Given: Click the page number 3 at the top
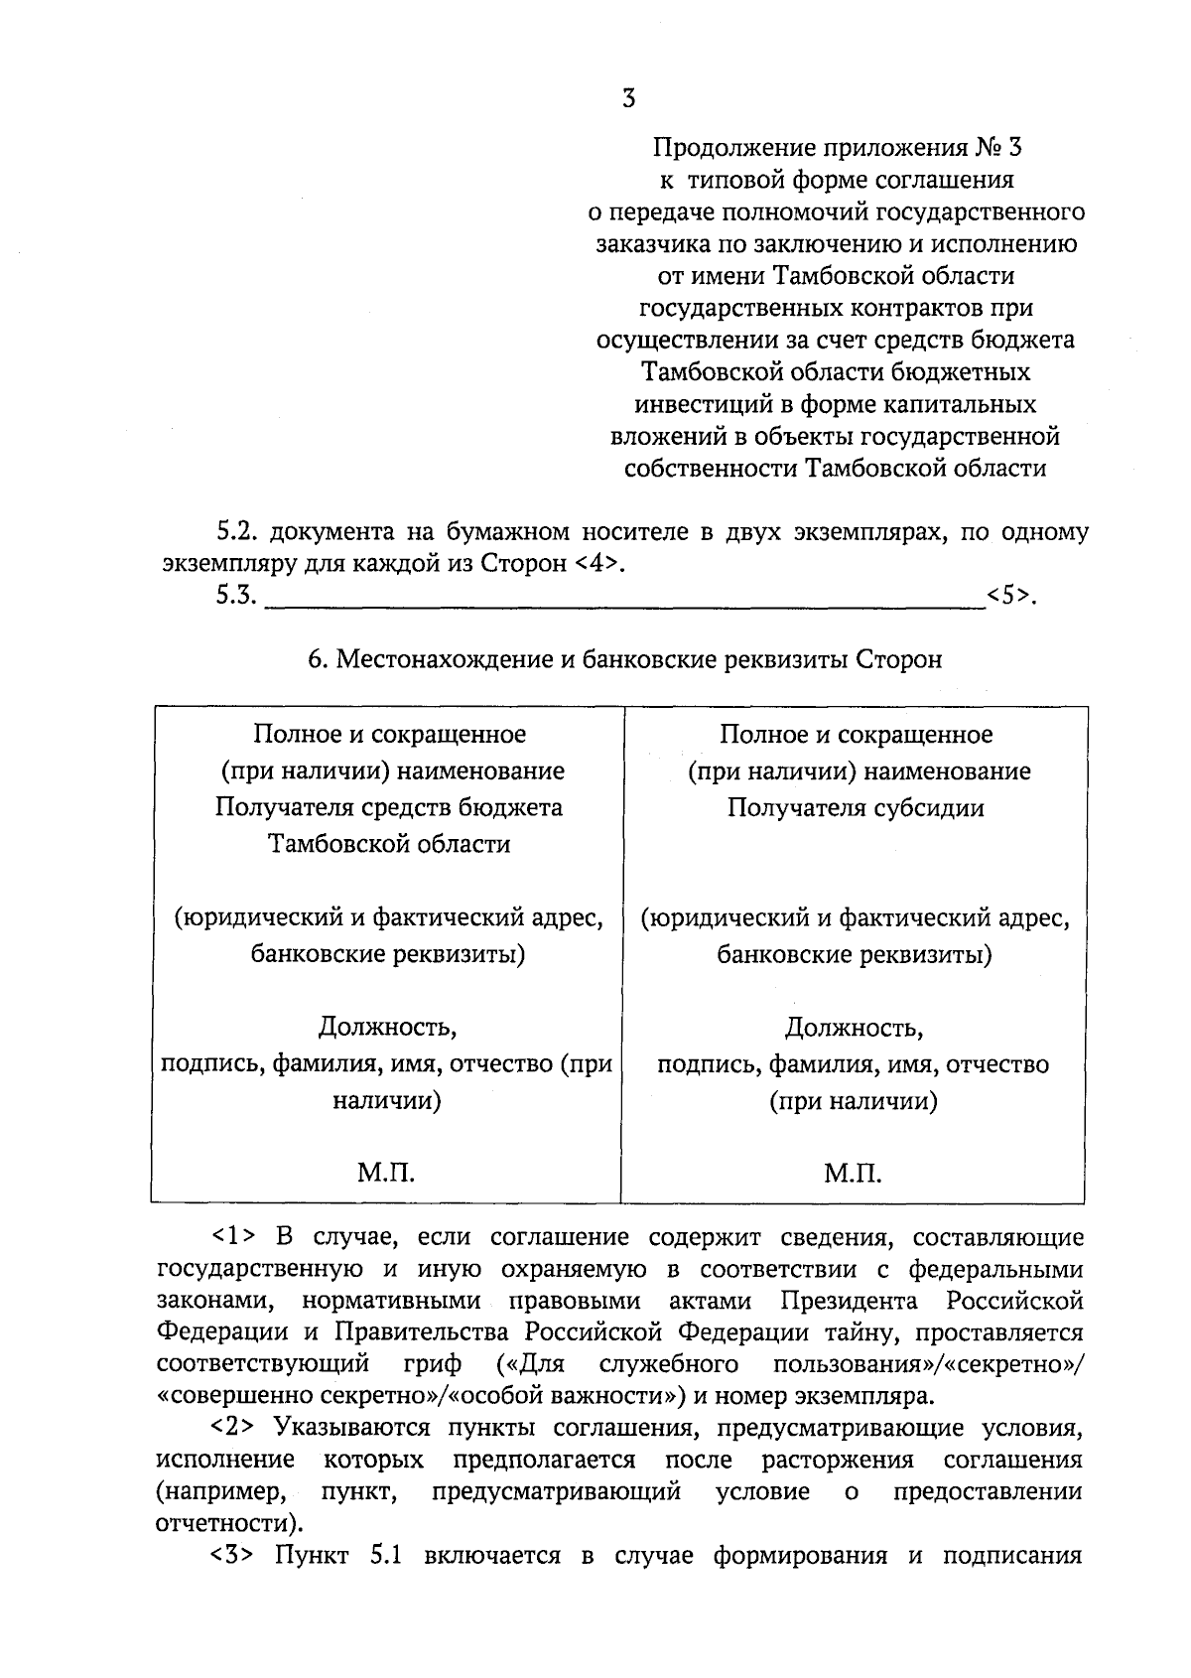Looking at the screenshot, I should coord(626,98).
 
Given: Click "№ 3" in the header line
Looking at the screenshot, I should coord(997,149).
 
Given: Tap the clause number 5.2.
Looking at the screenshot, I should coord(238,532).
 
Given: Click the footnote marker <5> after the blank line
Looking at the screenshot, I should coord(1009,597).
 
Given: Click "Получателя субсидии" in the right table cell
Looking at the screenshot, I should coord(856,808).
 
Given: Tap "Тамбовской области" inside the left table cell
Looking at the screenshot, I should coord(389,845).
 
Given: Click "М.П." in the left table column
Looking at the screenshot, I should coord(386,1175).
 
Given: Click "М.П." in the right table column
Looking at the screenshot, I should coord(853,1175).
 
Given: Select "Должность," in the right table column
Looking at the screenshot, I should coord(855,1027).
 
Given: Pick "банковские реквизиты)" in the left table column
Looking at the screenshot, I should coord(388,955).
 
